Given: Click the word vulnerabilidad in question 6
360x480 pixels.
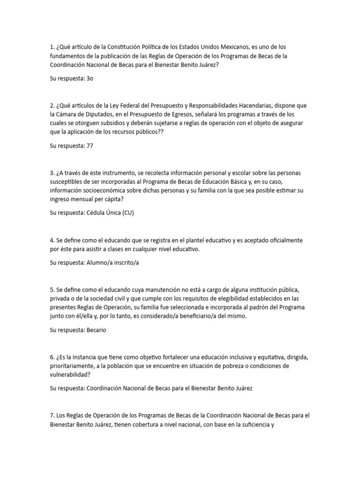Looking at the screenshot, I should point(73,375).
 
